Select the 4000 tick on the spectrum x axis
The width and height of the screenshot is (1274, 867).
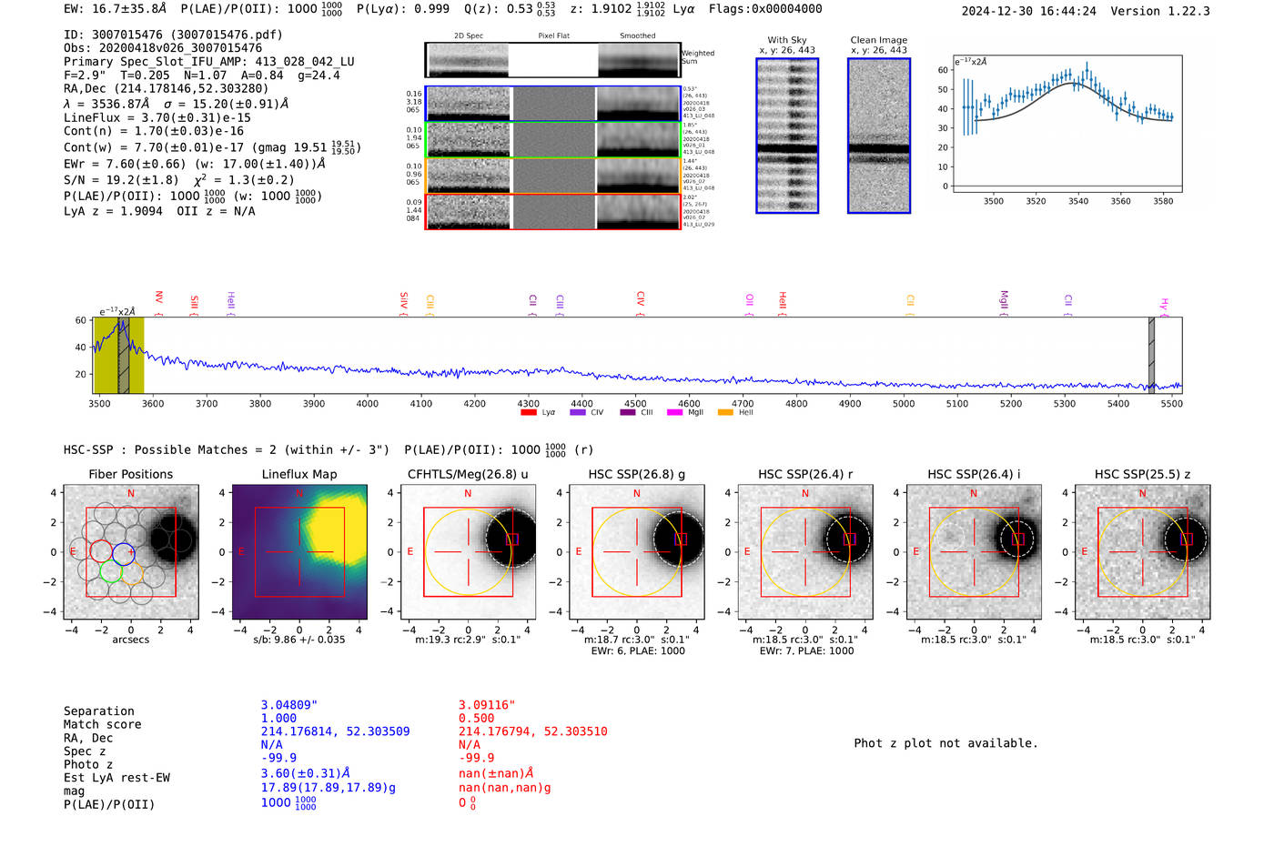[x=367, y=403]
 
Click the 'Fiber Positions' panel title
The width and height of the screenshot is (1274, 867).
[x=130, y=474]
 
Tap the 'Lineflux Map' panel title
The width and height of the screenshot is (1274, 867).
[x=299, y=474]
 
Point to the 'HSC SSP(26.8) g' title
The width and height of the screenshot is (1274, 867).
[x=636, y=474]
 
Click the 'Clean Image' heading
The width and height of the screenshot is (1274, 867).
[x=878, y=40]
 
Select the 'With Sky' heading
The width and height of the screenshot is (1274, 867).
[x=786, y=40]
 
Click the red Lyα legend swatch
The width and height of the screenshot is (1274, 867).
[x=529, y=413]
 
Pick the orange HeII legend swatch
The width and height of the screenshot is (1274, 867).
[x=725, y=413]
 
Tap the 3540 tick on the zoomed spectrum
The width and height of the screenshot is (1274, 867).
[x=1078, y=201]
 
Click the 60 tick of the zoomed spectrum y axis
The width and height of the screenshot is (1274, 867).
[x=943, y=70]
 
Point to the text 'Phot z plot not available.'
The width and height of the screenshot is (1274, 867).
[x=945, y=743]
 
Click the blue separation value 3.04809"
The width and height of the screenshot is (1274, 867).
[x=288, y=705]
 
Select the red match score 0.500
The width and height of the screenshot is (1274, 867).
[x=477, y=718]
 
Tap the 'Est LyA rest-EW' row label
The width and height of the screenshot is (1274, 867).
[x=116, y=778]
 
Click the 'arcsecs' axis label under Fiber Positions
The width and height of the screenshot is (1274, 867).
[x=130, y=640]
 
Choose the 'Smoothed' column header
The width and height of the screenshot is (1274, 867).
[x=637, y=36]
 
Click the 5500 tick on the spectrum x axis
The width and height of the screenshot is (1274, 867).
[x=1171, y=403]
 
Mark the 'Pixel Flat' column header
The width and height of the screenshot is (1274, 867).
[x=553, y=36]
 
